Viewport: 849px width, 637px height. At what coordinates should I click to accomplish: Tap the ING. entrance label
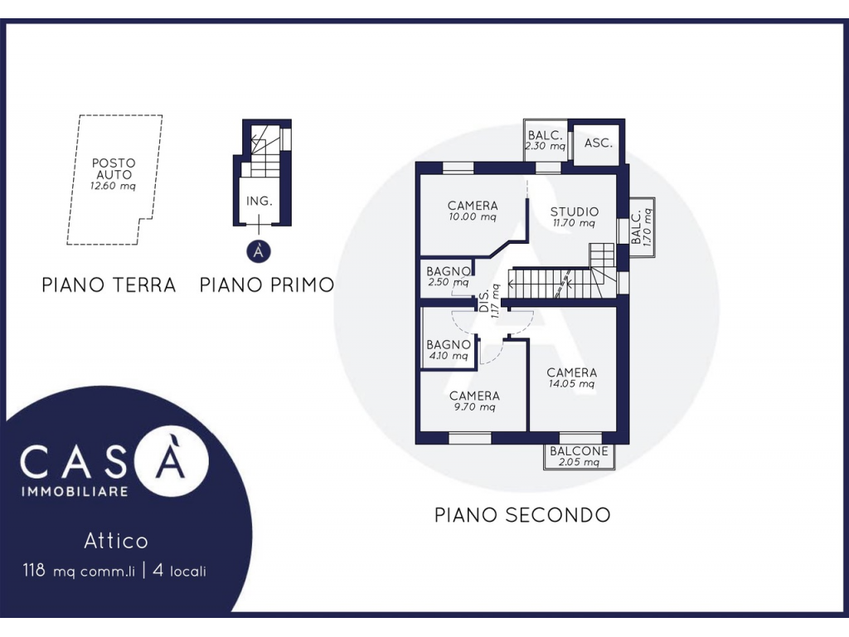259,201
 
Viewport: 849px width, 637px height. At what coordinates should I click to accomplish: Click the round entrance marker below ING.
259,251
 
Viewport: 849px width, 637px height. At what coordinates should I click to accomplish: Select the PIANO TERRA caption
109,285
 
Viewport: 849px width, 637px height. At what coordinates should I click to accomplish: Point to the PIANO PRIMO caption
267,285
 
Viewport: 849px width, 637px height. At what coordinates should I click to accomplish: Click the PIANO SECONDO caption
522,514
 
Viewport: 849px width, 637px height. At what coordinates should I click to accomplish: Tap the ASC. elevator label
599,143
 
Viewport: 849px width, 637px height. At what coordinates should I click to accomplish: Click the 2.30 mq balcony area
546,146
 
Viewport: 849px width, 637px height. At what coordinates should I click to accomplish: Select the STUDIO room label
575,212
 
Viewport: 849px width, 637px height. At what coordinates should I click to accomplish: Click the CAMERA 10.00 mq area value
473,217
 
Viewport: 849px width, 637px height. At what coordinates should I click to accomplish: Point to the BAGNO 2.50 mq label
449,276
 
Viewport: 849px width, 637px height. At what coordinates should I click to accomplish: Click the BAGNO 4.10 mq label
449,350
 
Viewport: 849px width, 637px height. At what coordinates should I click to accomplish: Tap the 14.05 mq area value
572,384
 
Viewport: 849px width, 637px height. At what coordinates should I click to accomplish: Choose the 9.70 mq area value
475,407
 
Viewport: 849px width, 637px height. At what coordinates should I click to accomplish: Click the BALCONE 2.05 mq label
579,456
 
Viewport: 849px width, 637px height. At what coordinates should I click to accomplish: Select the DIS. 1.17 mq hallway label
489,300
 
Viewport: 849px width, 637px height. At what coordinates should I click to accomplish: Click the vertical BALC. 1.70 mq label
642,227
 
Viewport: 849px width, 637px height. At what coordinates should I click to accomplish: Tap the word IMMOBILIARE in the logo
75,492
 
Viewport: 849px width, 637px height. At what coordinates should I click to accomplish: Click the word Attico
116,541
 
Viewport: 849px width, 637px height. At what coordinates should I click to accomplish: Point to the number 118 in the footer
34,571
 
